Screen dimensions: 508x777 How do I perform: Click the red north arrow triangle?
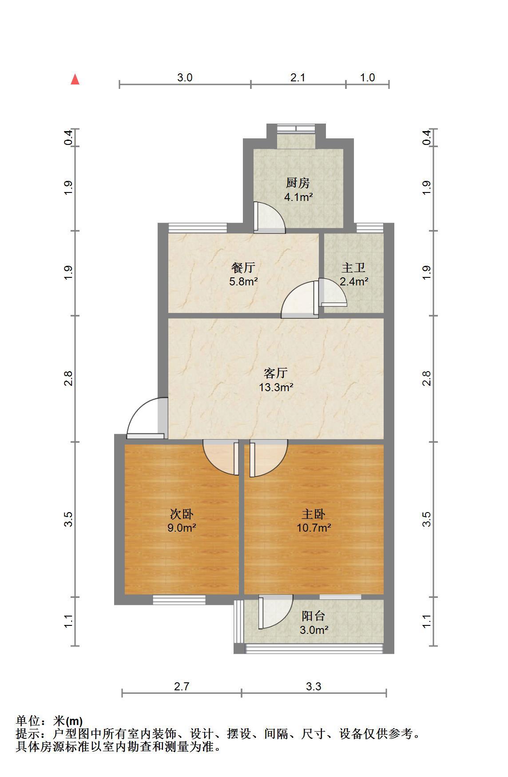click(75, 80)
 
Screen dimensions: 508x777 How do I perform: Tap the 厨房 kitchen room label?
click(298, 183)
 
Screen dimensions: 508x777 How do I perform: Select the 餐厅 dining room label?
click(243, 268)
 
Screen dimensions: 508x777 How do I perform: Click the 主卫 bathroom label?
click(353, 268)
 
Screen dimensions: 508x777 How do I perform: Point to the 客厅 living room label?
click(276, 372)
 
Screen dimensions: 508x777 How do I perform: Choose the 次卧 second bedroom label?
click(182, 514)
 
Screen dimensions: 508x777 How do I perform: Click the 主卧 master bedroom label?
click(314, 514)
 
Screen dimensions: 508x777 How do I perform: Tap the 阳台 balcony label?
click(314, 616)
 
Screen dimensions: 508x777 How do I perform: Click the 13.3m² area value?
click(276, 387)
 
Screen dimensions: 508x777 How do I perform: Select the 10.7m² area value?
click(314, 528)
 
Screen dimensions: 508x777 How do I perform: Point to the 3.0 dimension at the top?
click(185, 77)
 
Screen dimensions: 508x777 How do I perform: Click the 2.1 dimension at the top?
click(298, 77)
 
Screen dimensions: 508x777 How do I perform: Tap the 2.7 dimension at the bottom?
click(182, 686)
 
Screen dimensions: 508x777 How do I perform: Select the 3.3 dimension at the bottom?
click(314, 686)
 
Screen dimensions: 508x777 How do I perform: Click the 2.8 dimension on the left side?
click(68, 378)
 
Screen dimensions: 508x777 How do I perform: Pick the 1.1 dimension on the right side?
click(427, 621)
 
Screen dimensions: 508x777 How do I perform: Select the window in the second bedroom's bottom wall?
click(179, 600)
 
